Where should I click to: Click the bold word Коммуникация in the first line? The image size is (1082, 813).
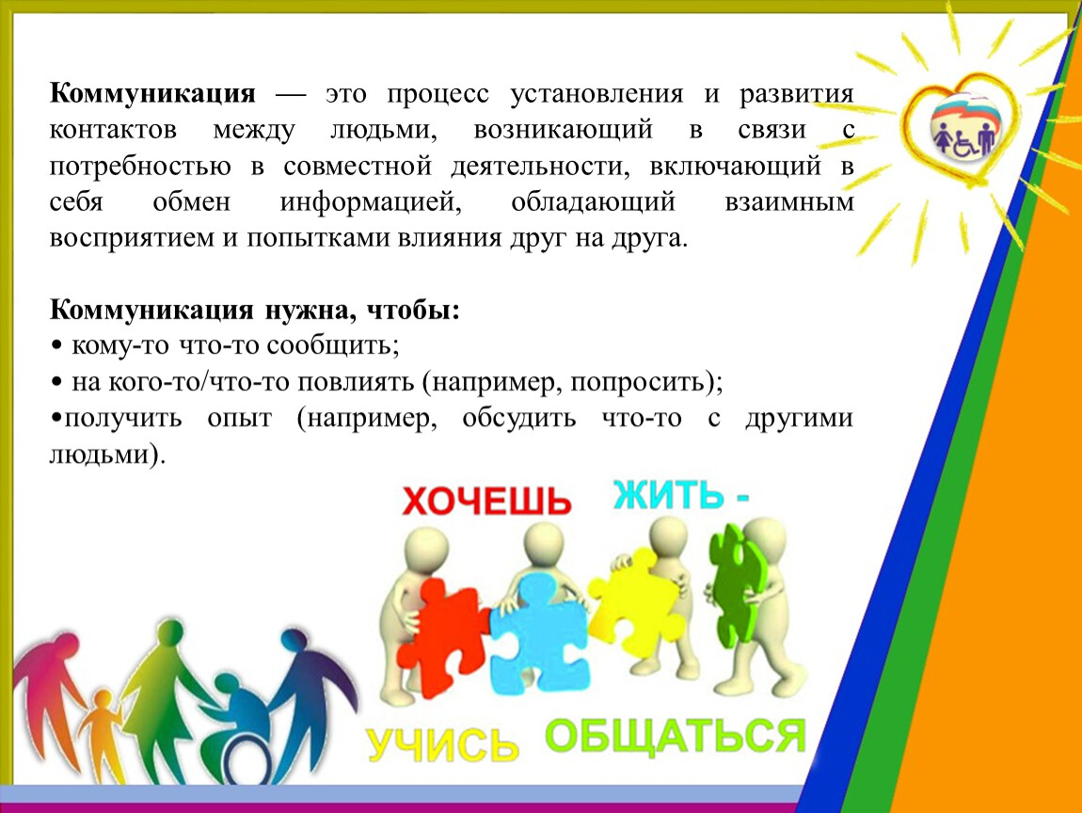pyautogui.click(x=152, y=93)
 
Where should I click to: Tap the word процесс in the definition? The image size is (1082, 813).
pyautogui.click(x=438, y=94)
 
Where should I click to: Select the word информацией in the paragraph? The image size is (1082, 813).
pyautogui.click(x=371, y=202)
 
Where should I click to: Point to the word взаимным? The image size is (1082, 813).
pyautogui.click(x=788, y=201)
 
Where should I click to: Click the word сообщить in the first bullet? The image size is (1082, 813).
pyautogui.click(x=333, y=345)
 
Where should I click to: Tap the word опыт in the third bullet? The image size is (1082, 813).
pyautogui.click(x=239, y=418)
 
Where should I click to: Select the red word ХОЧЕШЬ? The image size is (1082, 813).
pyautogui.click(x=486, y=501)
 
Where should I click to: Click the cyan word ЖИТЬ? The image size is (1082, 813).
pyautogui.click(x=669, y=494)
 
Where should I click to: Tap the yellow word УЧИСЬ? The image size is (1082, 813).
pyautogui.click(x=442, y=744)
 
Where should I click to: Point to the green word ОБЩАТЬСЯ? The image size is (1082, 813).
pyautogui.click(x=675, y=735)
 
